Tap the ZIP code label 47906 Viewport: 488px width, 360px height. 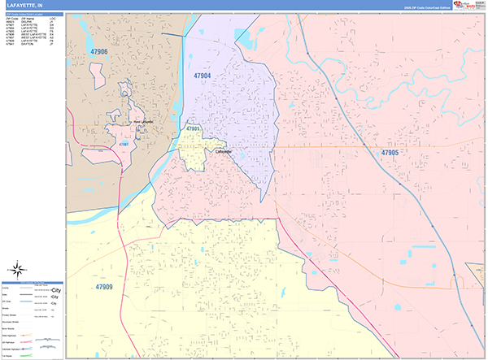[x=98, y=51]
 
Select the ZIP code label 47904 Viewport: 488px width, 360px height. [x=202, y=76]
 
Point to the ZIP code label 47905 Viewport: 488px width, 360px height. [x=390, y=152]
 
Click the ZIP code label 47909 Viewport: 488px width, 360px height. [x=104, y=286]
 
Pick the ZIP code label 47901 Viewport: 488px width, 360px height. [x=193, y=128]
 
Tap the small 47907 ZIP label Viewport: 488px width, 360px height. [x=124, y=144]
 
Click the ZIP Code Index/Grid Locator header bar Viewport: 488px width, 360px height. [x=33, y=15]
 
